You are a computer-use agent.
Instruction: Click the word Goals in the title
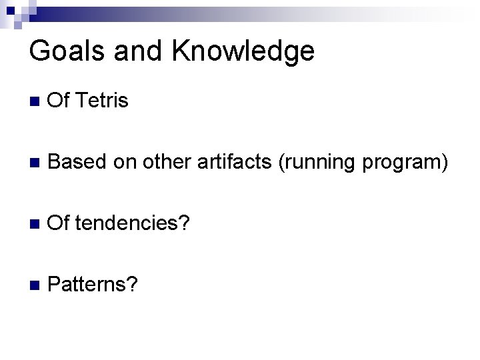[x=67, y=52]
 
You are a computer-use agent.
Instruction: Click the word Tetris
[x=102, y=102]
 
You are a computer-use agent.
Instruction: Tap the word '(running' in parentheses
[x=314, y=161]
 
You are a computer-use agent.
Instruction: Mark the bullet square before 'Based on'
[x=35, y=162]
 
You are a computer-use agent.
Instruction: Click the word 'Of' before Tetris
[x=60, y=102]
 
